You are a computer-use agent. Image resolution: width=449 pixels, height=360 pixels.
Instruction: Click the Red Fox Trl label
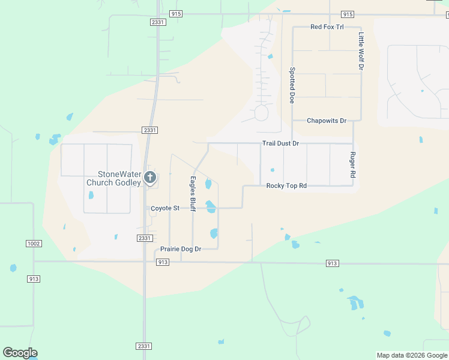click(x=327, y=27)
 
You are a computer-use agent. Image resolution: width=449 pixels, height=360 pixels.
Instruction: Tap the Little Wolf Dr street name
click(x=361, y=51)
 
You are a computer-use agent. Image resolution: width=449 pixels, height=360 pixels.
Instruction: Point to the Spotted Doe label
click(x=292, y=85)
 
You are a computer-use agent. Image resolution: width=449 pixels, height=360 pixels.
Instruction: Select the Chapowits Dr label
click(x=327, y=121)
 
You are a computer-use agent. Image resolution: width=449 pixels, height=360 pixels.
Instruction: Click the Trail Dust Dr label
click(x=280, y=144)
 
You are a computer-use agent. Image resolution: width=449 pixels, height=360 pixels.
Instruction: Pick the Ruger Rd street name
click(x=352, y=164)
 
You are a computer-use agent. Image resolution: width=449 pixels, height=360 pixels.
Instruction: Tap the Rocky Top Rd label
click(x=286, y=186)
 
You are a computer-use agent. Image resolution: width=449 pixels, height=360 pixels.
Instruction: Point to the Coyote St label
click(x=165, y=208)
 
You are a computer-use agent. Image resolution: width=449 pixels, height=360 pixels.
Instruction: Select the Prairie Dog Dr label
click(x=180, y=249)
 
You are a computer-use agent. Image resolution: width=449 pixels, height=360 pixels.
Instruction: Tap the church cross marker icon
click(x=150, y=177)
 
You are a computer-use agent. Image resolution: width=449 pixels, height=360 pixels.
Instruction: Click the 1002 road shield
click(x=34, y=243)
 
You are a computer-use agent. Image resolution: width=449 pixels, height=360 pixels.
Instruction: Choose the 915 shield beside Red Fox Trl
click(x=347, y=14)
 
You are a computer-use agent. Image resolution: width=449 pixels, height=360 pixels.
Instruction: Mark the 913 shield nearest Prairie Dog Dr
click(x=162, y=263)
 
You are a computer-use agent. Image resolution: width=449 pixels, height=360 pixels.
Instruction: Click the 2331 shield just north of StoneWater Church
click(x=150, y=130)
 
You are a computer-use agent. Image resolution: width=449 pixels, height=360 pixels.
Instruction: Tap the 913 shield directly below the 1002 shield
click(x=34, y=278)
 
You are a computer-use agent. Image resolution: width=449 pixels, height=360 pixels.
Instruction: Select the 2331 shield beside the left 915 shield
click(x=157, y=22)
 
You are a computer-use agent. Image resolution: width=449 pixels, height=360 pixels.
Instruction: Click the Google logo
click(x=20, y=353)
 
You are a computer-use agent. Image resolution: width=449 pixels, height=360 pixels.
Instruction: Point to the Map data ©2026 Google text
click(x=411, y=355)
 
